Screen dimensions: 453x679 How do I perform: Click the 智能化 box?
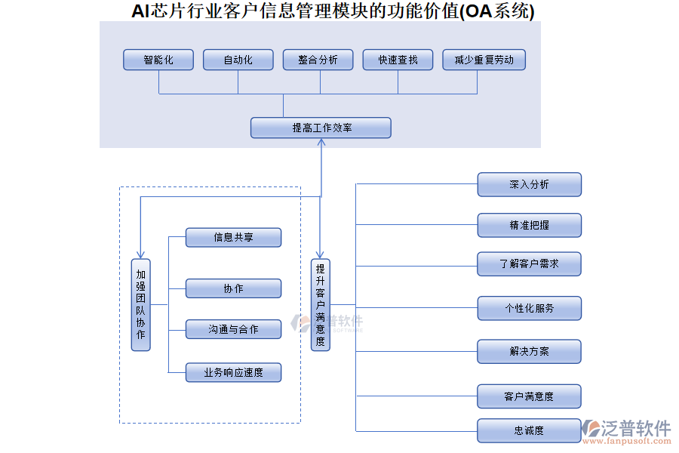(x=158, y=60)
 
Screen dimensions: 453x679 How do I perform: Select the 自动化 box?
(x=238, y=60)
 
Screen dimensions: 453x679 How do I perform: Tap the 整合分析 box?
(x=318, y=60)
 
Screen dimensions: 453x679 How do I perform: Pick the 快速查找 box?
(x=398, y=60)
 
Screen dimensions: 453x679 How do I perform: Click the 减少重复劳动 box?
(x=484, y=60)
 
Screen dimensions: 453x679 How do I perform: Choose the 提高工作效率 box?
(x=321, y=128)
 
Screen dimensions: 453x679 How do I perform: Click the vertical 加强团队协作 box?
(x=140, y=304)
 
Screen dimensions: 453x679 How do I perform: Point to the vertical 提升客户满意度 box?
(x=321, y=304)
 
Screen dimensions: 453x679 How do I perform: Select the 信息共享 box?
(x=233, y=237)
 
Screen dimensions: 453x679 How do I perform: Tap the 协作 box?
(x=233, y=288)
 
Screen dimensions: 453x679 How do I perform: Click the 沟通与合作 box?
(x=233, y=328)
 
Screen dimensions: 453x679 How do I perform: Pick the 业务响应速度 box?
(x=233, y=372)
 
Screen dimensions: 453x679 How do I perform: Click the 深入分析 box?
(x=529, y=184)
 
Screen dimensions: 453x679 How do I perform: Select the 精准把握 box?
(x=529, y=225)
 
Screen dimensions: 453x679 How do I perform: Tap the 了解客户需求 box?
(x=529, y=263)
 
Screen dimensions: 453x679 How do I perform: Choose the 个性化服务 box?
(x=529, y=308)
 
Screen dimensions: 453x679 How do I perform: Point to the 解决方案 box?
(x=529, y=351)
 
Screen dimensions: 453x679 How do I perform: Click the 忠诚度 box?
(x=529, y=430)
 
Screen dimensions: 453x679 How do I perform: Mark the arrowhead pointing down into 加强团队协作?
(x=140, y=254)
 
